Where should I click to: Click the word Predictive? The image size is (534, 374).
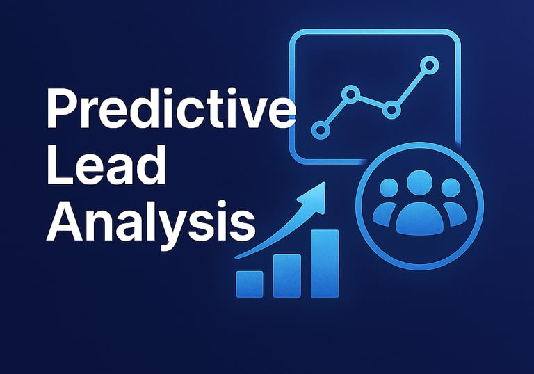(171, 108)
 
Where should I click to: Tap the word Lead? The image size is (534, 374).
(106, 165)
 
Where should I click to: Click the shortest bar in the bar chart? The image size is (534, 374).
(250, 284)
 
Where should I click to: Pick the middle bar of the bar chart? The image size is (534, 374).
(287, 276)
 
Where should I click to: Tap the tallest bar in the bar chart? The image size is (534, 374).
(325, 263)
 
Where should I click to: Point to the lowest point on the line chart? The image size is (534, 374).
(321, 130)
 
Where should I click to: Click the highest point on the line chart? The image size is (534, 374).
(430, 65)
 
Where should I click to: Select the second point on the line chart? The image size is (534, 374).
(350, 94)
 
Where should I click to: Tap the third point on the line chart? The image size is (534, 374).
(391, 110)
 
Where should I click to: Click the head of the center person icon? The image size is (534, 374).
(419, 183)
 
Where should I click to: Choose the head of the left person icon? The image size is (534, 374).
(389, 188)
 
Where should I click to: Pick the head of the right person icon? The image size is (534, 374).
(451, 188)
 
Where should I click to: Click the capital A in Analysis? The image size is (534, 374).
(65, 221)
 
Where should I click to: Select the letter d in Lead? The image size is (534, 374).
(152, 165)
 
